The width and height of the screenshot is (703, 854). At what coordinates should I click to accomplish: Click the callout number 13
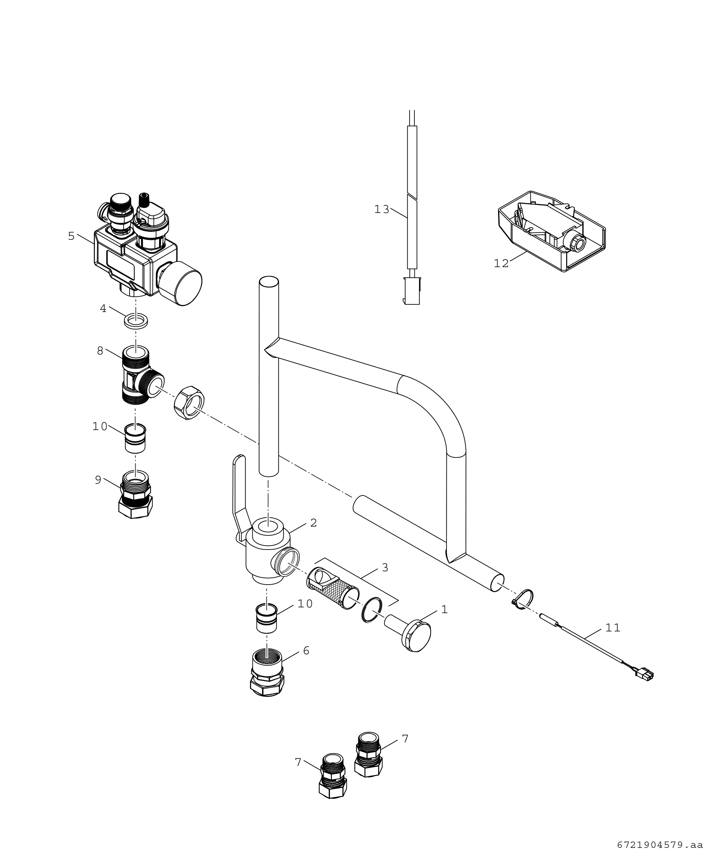pos(381,210)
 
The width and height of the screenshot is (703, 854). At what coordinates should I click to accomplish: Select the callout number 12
pos(501,264)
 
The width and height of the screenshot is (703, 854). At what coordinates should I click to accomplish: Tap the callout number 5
pos(71,236)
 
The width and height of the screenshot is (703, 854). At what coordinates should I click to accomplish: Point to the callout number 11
pos(613,628)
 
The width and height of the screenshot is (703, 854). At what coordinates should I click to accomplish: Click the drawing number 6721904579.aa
pos(659,845)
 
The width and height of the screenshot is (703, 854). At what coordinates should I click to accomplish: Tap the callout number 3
pos(385,568)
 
